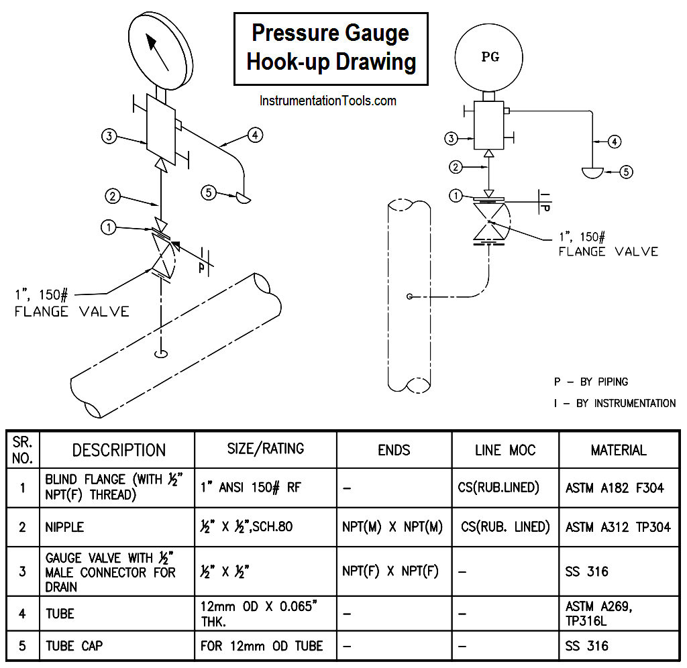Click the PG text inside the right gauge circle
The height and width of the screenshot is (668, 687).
490,57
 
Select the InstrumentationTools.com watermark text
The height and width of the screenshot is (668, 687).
328,101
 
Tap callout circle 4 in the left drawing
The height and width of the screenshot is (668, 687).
254,135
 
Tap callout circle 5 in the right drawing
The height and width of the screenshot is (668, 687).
625,172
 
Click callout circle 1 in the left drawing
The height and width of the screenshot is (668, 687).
108,227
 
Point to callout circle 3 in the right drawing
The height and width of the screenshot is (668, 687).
452,139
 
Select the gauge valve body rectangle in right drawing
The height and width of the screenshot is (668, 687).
490,125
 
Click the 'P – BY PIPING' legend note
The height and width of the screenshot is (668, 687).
590,382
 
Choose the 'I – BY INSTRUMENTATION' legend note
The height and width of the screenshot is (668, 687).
614,403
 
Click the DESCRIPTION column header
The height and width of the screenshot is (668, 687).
119,450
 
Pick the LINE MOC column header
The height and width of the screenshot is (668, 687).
505,450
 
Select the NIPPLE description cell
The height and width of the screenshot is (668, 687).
64,527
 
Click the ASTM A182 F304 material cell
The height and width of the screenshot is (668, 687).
615,488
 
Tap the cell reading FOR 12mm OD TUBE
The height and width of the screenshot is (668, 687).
262,646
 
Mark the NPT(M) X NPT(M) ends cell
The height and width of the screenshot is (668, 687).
392,527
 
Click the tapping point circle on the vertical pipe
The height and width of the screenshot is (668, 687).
409,296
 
